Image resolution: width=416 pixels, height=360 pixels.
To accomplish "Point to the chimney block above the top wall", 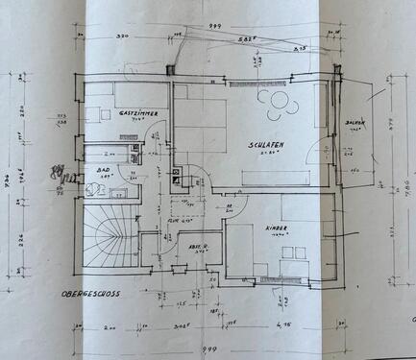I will pos(170,68).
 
